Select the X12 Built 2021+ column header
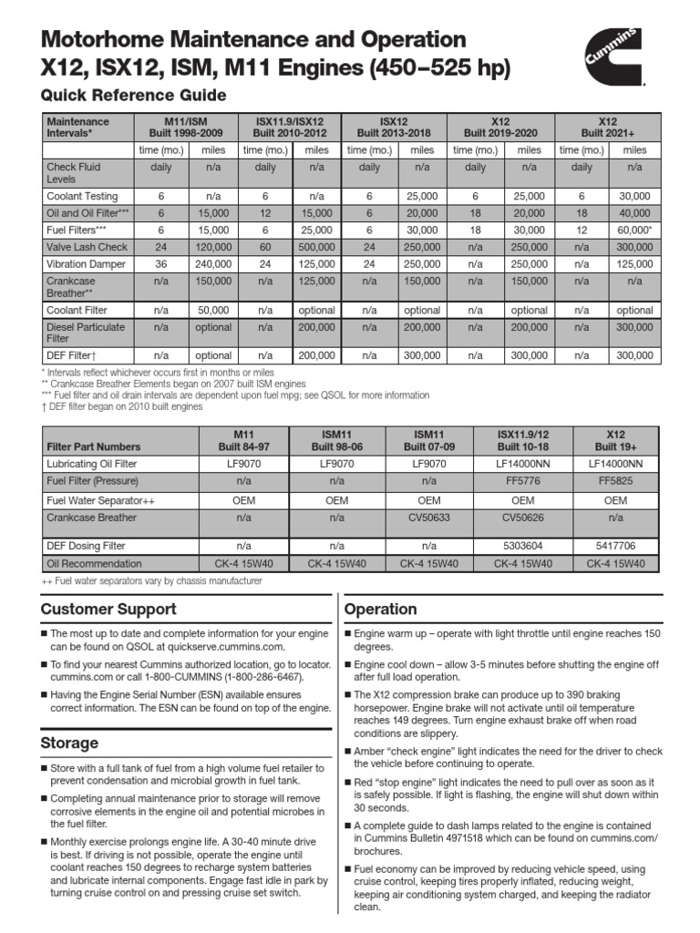pyautogui.click(x=607, y=127)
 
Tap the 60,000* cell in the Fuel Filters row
pyautogui.click(x=634, y=230)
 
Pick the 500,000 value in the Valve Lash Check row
pyautogui.click(x=317, y=246)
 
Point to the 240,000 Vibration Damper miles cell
pyautogui.click(x=212, y=262)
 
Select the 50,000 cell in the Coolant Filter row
pyautogui.click(x=212, y=310)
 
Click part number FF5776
pyautogui.click(x=522, y=479)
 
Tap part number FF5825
pyautogui.click(x=615, y=479)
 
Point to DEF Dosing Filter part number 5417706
pyautogui.click(x=615, y=546)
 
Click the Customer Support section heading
pyautogui.click(x=108, y=609)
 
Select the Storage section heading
pyautogui.click(x=69, y=743)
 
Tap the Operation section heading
pyautogui.click(x=380, y=609)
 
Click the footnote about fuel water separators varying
pyautogui.click(x=151, y=580)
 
